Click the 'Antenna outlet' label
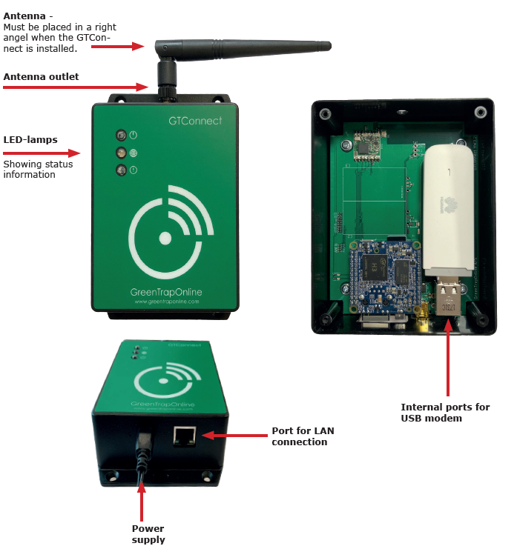pos(41,77)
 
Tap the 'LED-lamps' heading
pos(30,139)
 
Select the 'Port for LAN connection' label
pos(299,436)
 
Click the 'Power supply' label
pos(148,534)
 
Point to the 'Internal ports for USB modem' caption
pos(445,413)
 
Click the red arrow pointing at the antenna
pos(119,46)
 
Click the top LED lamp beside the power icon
pos(120,135)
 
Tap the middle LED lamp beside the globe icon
pos(120,153)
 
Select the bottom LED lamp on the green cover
pos(120,171)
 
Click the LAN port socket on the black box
pos(183,436)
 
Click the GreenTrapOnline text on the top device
pos(166,292)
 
